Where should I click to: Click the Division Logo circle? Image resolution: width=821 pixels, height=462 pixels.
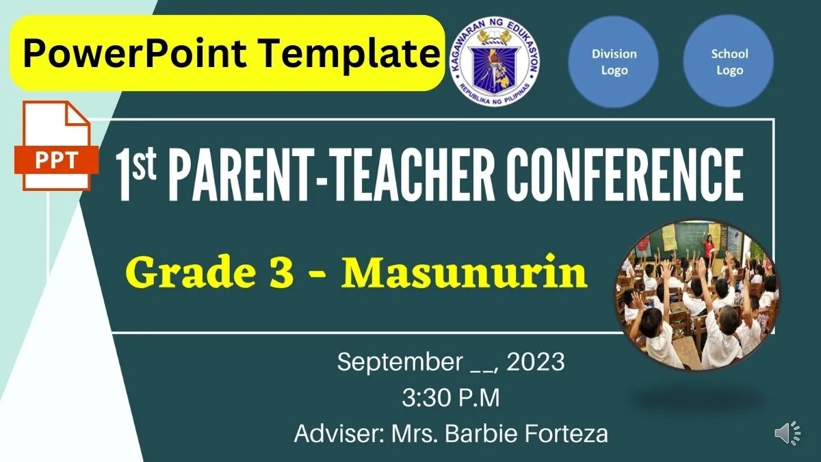[x=614, y=62]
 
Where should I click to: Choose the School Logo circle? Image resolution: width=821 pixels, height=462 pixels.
[x=729, y=62]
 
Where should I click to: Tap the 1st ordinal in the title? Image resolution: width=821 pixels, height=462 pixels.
[x=136, y=175]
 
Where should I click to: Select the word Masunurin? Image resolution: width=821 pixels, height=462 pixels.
[x=465, y=273]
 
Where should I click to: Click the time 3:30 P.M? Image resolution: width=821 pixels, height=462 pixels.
[x=451, y=398]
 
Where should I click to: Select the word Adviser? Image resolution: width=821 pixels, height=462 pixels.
[x=337, y=434]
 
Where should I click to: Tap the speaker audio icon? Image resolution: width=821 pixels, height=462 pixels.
[x=787, y=433]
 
